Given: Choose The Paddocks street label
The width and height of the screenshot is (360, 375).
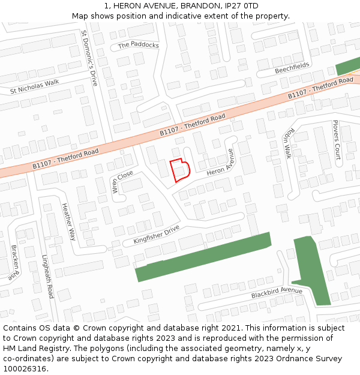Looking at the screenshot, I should (x=139, y=45).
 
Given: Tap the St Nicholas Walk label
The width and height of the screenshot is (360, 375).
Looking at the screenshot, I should (x=34, y=86).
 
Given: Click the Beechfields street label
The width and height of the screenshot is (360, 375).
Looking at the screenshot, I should (x=292, y=68).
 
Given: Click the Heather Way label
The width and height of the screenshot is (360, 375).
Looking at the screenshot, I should (x=68, y=221).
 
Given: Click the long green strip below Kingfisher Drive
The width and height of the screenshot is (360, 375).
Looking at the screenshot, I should (x=204, y=256).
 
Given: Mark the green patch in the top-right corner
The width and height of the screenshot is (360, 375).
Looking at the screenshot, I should (x=349, y=67).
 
